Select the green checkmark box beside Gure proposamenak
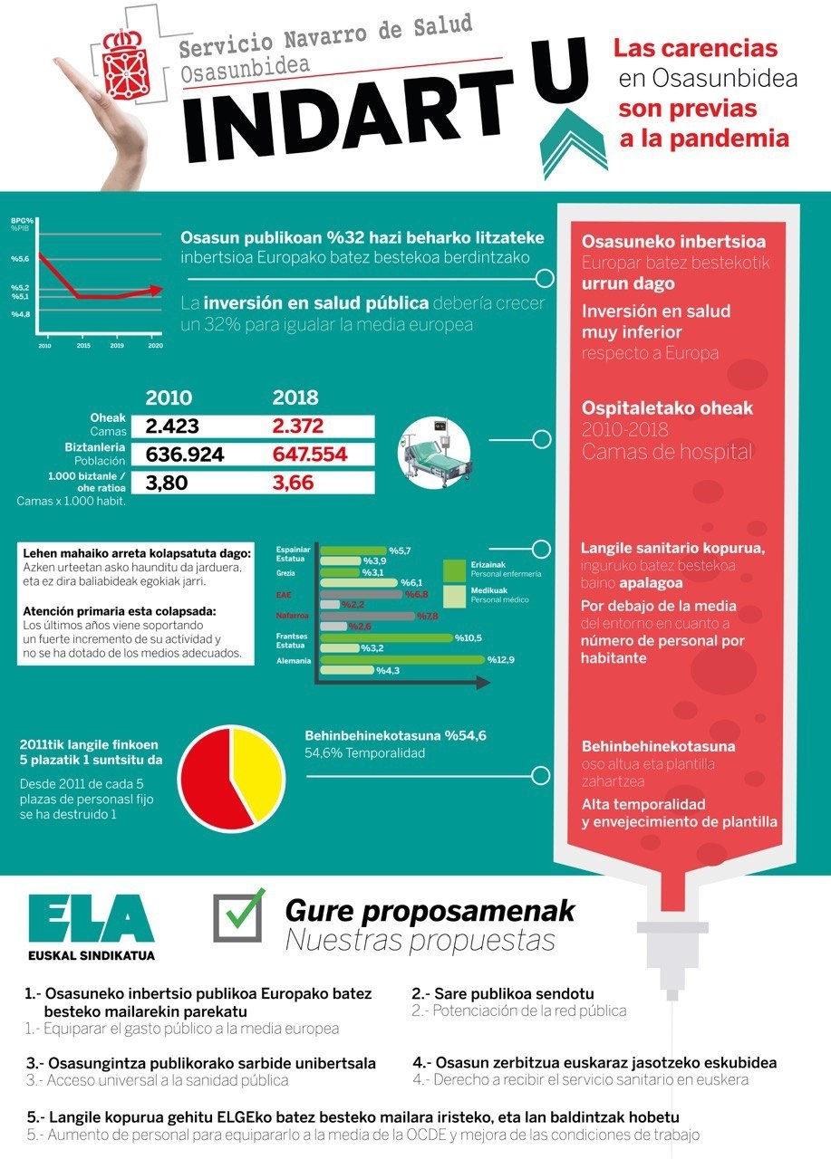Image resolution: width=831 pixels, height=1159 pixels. (x=238, y=917)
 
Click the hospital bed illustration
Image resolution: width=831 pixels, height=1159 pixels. (x=436, y=451)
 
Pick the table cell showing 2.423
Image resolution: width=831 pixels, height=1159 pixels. (x=172, y=426)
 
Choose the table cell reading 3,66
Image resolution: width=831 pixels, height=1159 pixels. (x=294, y=483)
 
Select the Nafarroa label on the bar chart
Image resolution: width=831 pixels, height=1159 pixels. (x=292, y=616)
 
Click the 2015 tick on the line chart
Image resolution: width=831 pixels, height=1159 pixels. (x=83, y=346)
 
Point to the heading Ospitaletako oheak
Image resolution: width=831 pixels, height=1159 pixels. (x=667, y=408)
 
